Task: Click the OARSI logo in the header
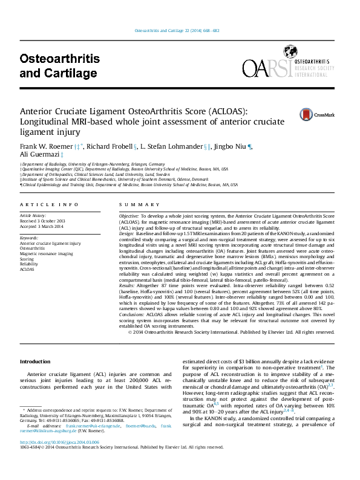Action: coord(286,68)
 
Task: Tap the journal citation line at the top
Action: coord(180,31)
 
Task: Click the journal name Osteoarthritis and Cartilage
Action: coord(59,66)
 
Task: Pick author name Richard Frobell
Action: coord(113,146)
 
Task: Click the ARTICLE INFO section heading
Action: coord(50,205)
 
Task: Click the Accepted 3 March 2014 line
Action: coord(42,226)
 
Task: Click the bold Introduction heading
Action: coord(36,361)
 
